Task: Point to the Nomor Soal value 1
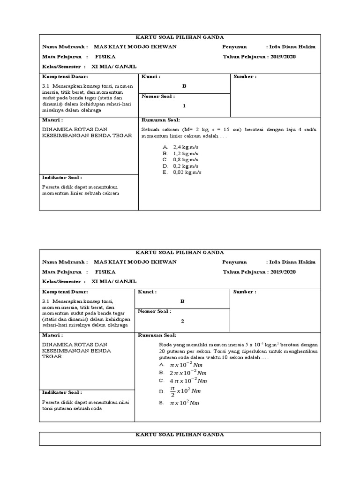184,105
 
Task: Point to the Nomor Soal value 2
183,321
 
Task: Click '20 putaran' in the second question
172,351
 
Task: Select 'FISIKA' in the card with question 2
105,272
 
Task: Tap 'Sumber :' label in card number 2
245,292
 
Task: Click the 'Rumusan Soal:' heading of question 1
157,120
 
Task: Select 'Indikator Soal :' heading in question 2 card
62,392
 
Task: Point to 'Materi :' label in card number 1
52,120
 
